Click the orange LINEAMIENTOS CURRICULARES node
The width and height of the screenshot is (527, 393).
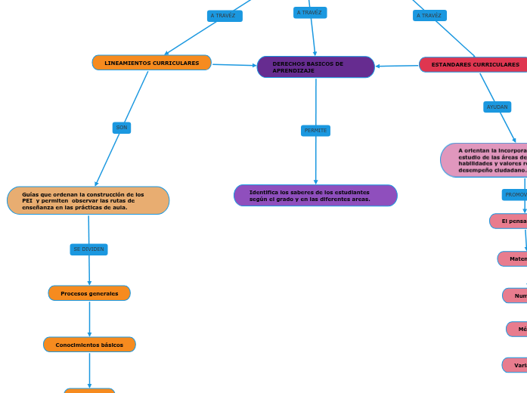click(x=151, y=63)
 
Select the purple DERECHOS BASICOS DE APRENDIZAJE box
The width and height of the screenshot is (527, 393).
click(x=315, y=67)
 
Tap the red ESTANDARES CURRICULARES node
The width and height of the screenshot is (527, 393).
click(x=473, y=65)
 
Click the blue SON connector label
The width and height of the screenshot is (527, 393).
click(x=121, y=128)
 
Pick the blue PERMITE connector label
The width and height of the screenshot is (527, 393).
click(x=315, y=131)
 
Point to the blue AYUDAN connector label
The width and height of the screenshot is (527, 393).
click(x=497, y=107)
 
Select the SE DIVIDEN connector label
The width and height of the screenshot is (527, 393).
click(x=88, y=249)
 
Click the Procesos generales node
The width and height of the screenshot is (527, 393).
click(x=89, y=293)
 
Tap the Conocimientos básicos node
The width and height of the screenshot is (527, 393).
click(x=89, y=345)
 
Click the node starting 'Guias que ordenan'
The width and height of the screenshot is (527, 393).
click(x=88, y=201)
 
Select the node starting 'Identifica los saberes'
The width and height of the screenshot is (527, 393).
click(x=315, y=196)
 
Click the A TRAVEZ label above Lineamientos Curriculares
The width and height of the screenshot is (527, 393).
click(x=224, y=16)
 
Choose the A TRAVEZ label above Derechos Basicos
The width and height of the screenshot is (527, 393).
click(x=309, y=13)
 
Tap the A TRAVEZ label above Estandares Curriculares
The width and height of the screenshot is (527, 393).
click(x=429, y=16)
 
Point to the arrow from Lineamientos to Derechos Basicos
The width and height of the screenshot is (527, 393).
click(x=234, y=65)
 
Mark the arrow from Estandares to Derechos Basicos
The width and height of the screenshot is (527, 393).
click(x=397, y=66)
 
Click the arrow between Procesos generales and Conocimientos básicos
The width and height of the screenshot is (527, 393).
click(x=89, y=319)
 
